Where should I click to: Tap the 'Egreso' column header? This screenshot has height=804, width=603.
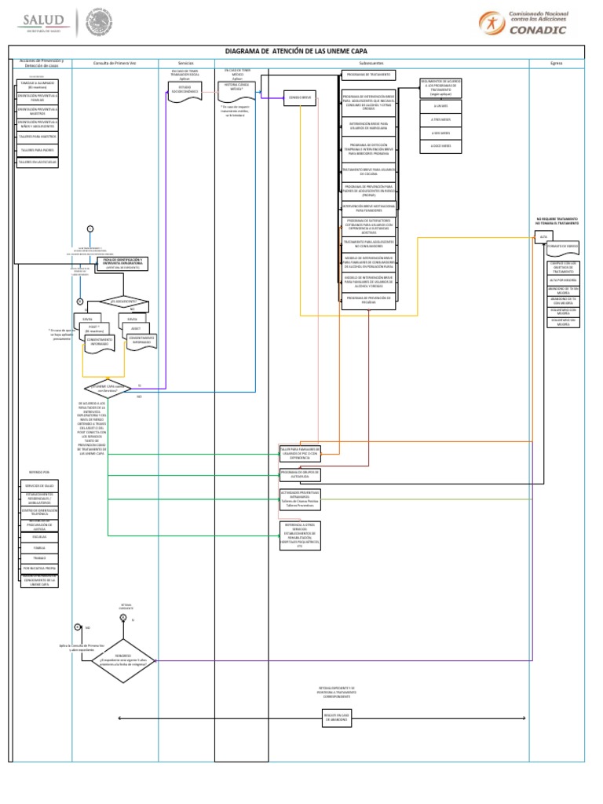[556, 63]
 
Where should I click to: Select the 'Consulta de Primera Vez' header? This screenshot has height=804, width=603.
[115, 63]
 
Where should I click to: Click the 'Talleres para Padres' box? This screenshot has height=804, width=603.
[37, 149]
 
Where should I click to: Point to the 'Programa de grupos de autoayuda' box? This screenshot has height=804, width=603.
[299, 474]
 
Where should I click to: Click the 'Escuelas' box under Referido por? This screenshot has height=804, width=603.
[38, 537]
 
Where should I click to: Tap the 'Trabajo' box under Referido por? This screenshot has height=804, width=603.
[38, 557]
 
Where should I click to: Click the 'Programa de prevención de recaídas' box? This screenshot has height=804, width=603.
[369, 299]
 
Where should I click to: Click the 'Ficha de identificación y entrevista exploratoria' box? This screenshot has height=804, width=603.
[122, 262]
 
